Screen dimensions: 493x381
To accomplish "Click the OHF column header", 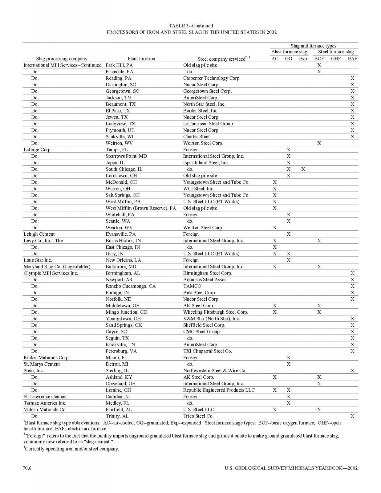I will click(x=336, y=59).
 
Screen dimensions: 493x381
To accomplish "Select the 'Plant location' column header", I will click(x=141, y=59).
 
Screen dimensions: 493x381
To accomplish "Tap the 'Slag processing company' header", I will click(x=62, y=59).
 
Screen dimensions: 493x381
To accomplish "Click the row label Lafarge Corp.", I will click(x=38, y=150).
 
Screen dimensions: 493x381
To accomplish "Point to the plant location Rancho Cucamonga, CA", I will click(x=131, y=286).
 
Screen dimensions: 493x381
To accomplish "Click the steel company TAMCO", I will click(x=192, y=286).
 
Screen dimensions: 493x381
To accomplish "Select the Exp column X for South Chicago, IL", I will click(x=303, y=169).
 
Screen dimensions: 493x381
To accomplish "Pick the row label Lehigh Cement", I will click(x=39, y=234).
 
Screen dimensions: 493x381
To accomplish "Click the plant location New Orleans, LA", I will click(x=123, y=260).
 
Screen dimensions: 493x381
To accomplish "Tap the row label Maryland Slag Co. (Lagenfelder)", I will click(x=57, y=267).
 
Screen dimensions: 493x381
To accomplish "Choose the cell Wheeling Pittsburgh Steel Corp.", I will click(x=216, y=312).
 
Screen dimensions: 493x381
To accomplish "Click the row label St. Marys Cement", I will click(x=42, y=364).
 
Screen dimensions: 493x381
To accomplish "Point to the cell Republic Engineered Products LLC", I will click(x=219, y=390).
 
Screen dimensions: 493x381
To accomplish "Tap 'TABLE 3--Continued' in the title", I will click(x=191, y=26).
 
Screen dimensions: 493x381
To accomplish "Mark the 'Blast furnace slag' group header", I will click(x=289, y=52).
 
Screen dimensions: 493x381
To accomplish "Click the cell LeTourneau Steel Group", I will click(x=208, y=124).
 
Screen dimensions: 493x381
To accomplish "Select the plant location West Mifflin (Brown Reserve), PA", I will click(x=141, y=208).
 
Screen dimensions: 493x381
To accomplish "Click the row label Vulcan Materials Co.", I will click(x=45, y=410).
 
